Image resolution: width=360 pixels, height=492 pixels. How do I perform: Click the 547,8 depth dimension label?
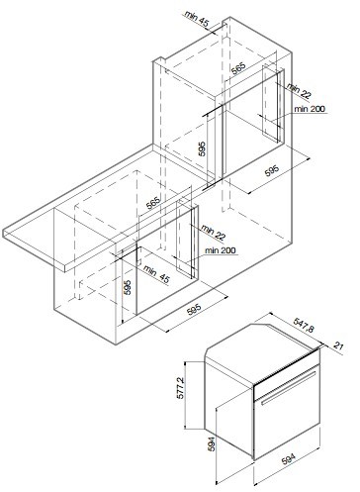(304, 326)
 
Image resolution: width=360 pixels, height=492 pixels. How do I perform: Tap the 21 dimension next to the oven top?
(338, 346)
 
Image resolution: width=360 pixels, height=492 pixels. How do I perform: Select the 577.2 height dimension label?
(180, 388)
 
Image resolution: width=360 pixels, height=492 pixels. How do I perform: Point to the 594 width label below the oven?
(288, 459)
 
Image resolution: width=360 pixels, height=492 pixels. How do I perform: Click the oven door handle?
(289, 387)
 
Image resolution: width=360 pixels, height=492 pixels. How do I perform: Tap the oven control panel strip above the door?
(287, 370)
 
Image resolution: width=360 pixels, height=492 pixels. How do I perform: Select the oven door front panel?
(287, 416)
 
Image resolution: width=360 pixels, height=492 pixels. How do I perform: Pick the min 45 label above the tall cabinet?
(197, 18)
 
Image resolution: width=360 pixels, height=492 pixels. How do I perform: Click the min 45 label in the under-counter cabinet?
(157, 275)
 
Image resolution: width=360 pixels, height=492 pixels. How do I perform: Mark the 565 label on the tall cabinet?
(238, 69)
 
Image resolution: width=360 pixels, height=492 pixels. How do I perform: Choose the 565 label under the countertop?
(153, 203)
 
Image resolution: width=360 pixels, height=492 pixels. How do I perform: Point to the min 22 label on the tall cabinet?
(299, 91)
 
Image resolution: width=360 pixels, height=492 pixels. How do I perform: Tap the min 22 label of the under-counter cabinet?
(214, 233)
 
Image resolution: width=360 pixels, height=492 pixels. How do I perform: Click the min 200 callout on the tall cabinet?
(310, 109)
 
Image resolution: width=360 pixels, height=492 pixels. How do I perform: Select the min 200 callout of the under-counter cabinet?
(221, 250)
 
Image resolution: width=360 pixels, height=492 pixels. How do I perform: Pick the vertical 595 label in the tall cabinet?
(202, 148)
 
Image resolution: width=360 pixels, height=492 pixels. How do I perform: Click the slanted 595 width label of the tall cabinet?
(272, 169)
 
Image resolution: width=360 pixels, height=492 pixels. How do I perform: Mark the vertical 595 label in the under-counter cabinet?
(129, 287)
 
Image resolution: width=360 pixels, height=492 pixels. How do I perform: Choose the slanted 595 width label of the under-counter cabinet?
(194, 311)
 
